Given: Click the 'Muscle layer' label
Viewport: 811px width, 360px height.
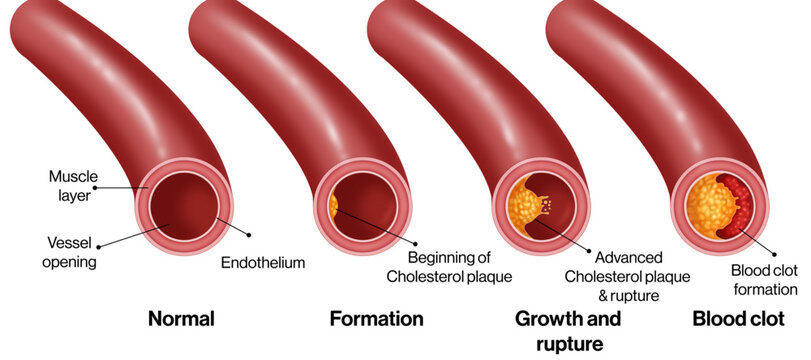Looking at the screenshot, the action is coord(73,186).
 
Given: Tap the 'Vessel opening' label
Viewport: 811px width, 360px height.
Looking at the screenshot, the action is coord(69,252).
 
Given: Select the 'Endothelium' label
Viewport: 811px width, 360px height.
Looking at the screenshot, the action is coord(263,262).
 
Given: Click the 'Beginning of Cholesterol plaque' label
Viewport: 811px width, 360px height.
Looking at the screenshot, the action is coord(449,267).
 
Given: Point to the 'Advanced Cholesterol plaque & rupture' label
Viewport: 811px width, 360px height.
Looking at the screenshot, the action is coord(627,277).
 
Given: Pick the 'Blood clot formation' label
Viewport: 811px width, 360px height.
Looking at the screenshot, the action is coord(765,280).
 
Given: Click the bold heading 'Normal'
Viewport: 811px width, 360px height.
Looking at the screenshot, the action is coord(181,318).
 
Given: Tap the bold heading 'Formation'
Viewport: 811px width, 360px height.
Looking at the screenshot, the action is coord(377,318).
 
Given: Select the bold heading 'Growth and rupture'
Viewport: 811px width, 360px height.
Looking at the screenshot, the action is coord(567,331).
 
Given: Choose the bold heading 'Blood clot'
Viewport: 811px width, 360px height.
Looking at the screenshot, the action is coord(739,318).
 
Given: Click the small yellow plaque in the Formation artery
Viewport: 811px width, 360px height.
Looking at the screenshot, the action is coord(333,206).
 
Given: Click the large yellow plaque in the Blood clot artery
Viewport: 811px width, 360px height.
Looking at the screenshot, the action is coord(708,206).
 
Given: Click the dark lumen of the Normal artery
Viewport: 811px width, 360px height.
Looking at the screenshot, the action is coord(184,206).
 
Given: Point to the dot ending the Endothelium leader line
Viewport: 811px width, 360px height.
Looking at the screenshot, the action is coord(249,235).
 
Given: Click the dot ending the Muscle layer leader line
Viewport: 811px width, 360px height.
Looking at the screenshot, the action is coord(95,188).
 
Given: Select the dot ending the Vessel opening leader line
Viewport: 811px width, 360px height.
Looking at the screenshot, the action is coord(98,246).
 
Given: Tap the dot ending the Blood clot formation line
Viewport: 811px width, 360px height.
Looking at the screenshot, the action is coord(774,254).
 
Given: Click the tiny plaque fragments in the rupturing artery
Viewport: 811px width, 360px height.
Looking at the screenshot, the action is coord(547,205).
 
